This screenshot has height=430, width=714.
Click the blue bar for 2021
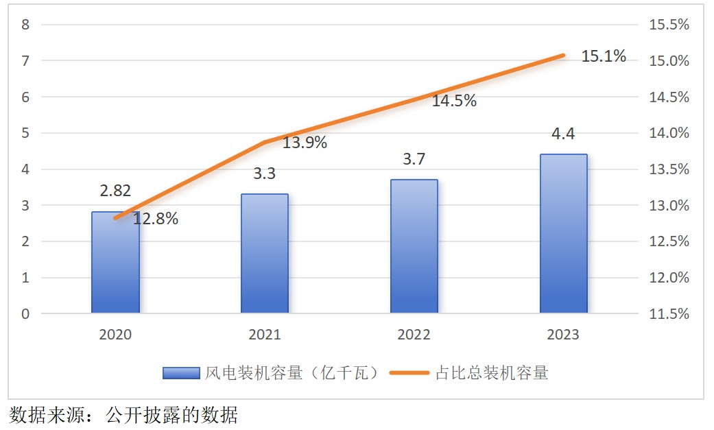(x=265, y=254)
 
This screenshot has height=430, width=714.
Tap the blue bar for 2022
(x=414, y=247)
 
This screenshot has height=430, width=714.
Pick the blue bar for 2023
(x=563, y=234)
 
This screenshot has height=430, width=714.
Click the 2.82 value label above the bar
(x=115, y=191)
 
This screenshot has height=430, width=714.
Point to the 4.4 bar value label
(x=563, y=134)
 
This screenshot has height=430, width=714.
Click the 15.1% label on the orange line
(x=604, y=56)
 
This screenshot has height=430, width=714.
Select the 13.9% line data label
(x=305, y=143)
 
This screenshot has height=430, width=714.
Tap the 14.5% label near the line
(x=454, y=101)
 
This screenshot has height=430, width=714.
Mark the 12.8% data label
(x=156, y=219)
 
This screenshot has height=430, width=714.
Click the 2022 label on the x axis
(x=414, y=335)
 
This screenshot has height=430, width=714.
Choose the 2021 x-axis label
(x=265, y=335)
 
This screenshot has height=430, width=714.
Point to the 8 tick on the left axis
(x=26, y=25)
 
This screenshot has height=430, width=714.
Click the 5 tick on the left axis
(x=26, y=133)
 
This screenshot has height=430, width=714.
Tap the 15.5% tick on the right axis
(x=669, y=25)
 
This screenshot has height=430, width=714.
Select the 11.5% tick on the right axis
(x=669, y=314)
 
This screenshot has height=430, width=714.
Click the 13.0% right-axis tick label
(x=669, y=206)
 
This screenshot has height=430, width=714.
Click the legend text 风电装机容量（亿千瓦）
(x=292, y=373)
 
